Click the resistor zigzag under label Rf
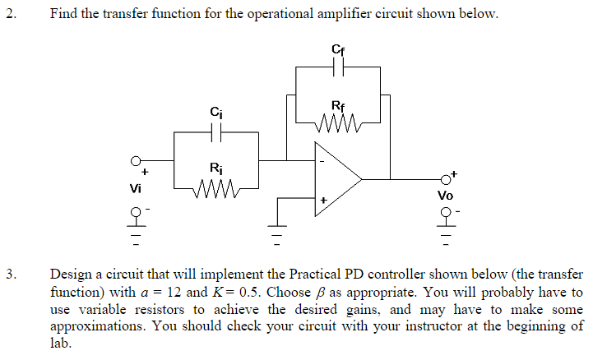[338, 123]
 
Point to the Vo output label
[445, 196]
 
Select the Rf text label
[338, 105]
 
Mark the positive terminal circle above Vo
[446, 178]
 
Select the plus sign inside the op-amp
[324, 200]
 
